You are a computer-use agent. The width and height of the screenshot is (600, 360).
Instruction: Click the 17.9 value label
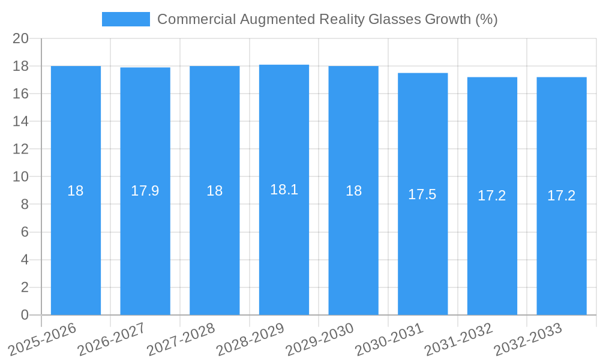click(x=145, y=191)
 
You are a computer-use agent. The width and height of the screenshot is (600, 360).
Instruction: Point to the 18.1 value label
click(x=284, y=190)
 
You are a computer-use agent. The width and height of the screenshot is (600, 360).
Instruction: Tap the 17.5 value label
click(x=422, y=194)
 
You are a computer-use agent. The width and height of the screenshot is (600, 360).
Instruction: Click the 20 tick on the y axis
click(x=21, y=38)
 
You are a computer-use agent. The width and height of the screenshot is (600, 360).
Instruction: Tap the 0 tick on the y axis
click(x=25, y=315)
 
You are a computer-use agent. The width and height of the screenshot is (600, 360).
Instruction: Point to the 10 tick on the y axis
click(x=21, y=177)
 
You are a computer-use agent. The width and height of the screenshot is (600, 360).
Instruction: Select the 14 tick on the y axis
click(x=21, y=121)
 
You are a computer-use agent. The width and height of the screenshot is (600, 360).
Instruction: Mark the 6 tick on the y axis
click(x=25, y=232)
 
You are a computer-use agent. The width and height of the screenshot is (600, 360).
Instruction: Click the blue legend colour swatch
click(x=126, y=19)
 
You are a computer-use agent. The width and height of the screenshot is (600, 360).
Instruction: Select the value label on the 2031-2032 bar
click(x=492, y=196)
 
